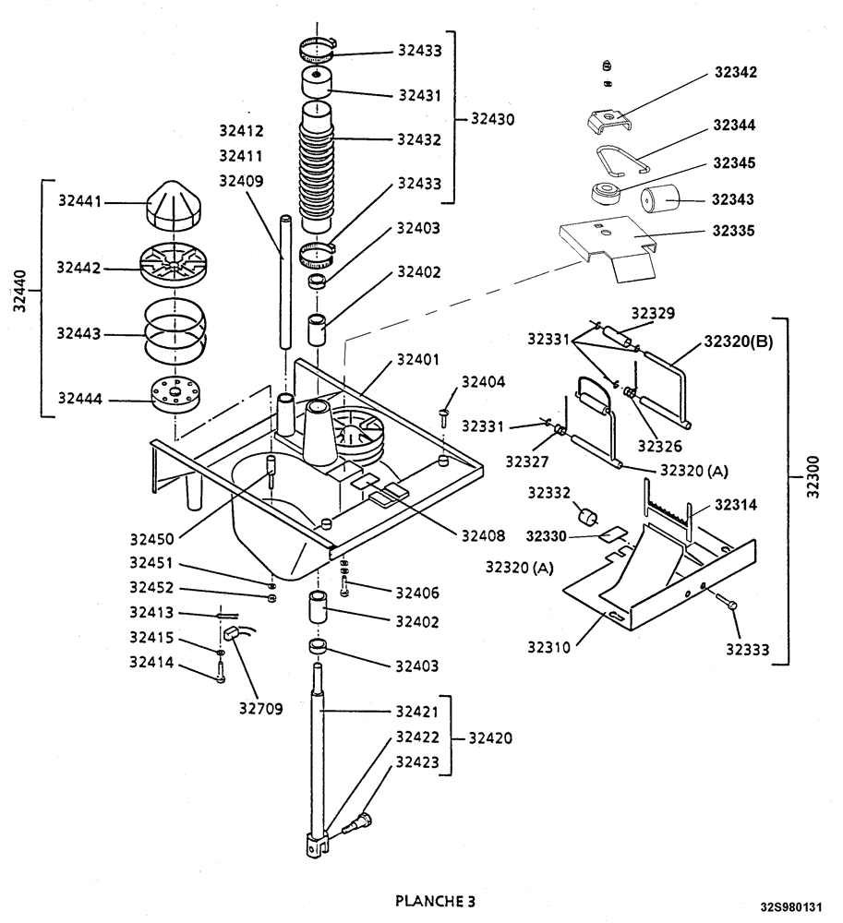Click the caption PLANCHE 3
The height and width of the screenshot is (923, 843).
436,900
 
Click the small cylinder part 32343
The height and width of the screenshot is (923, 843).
660,199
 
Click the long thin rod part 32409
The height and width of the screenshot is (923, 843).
285,282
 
